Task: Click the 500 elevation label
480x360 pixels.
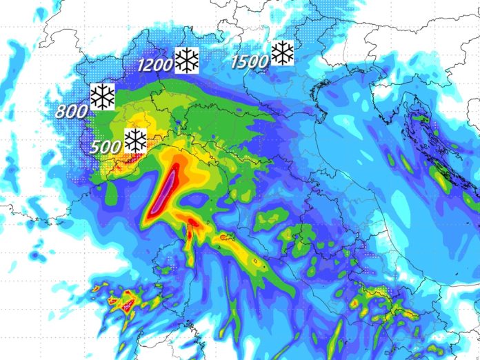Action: point(106,147)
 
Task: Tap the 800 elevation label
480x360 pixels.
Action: point(72,110)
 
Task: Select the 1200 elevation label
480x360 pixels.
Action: point(155,66)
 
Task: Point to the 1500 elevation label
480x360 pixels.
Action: point(250,62)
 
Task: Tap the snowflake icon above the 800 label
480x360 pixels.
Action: point(102,97)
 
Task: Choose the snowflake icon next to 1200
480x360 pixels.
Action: point(186,61)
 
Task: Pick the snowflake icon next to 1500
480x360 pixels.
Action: point(282,53)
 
